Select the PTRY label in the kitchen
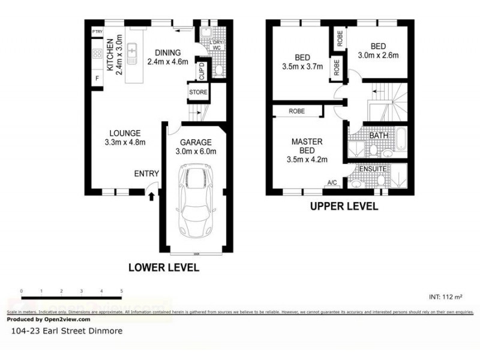97,31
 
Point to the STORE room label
198,92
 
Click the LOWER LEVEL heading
164,268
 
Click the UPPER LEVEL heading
344,206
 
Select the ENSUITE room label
372,169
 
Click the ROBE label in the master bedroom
296,111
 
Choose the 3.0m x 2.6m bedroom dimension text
378,55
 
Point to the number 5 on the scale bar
122,291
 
